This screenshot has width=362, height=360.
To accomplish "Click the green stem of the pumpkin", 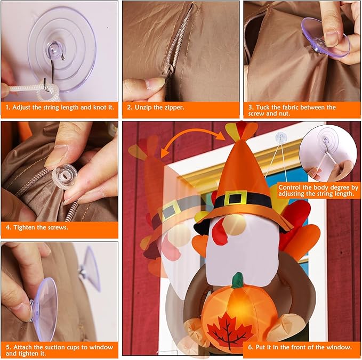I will pyautogui.click(x=237, y=280).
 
